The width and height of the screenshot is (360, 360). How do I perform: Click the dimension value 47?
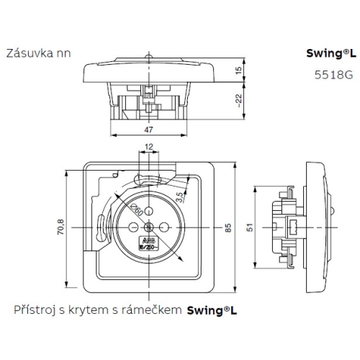148,130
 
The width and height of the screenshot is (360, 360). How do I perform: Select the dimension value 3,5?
198,194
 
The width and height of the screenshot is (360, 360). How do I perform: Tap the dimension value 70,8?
61,228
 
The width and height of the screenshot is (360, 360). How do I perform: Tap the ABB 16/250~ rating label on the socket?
148,243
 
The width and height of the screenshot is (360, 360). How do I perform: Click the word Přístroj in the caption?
34,310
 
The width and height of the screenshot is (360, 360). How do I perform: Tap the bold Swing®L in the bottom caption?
212,311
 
